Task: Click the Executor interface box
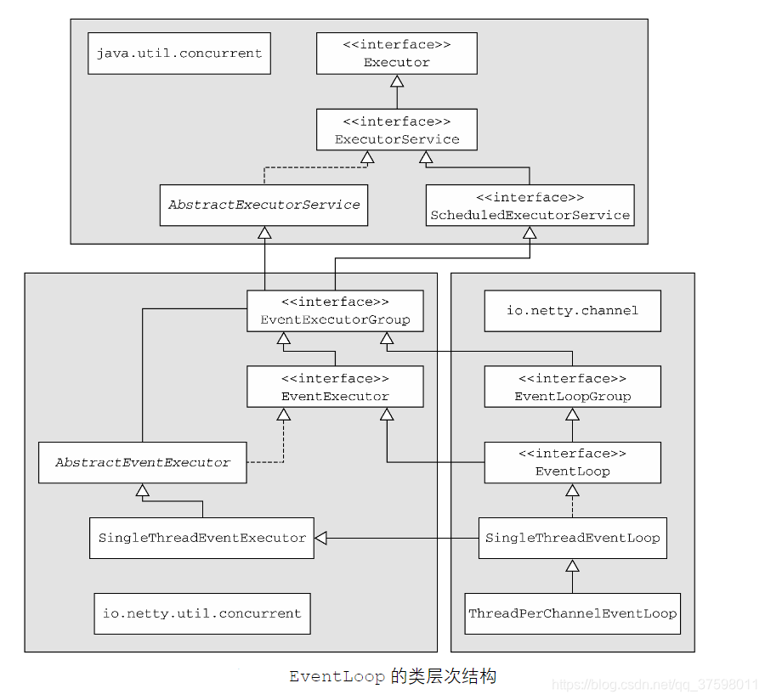click(396, 54)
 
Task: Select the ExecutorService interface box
click(396, 130)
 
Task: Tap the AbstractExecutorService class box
click(263, 205)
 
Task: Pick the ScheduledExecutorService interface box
click(530, 206)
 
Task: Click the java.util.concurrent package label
click(179, 54)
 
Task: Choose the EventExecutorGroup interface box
click(335, 311)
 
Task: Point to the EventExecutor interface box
click(335, 387)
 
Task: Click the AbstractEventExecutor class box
click(143, 463)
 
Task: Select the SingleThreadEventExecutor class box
click(201, 538)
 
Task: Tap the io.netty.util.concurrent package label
click(201, 613)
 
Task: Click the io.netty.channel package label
click(572, 311)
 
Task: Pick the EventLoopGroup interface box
click(572, 387)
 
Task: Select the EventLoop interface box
click(572, 462)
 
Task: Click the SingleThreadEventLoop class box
click(572, 538)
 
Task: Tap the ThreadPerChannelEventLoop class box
click(572, 613)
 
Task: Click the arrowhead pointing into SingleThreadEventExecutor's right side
click(321, 538)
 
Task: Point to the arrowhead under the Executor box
click(396, 82)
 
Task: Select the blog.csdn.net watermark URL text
click(654, 685)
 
